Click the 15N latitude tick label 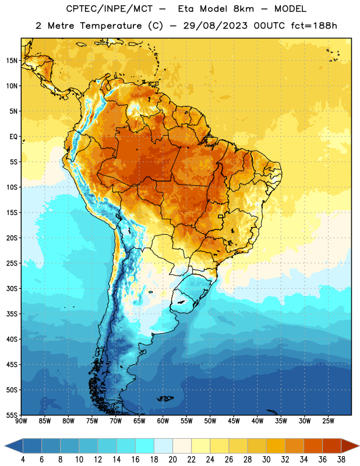tap(12, 61)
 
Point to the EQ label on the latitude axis tap(13, 137)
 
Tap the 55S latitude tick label tap(12, 415)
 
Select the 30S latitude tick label tap(12, 288)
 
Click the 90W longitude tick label tap(21, 421)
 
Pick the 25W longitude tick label tap(328, 421)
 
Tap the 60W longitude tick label tap(163, 421)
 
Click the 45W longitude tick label tap(234, 421)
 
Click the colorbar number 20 tap(172, 460)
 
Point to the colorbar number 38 tap(341, 460)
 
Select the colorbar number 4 tap(23, 460)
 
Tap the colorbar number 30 tap(266, 460)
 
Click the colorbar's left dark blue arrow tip tap(5, 446)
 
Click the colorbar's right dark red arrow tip tap(359, 446)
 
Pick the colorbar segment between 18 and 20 tap(163, 446)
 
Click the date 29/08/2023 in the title tap(215, 26)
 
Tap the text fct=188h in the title tap(314, 26)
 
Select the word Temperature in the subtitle tap(111, 26)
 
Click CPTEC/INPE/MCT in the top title tap(109, 9)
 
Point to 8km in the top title tap(243, 9)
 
